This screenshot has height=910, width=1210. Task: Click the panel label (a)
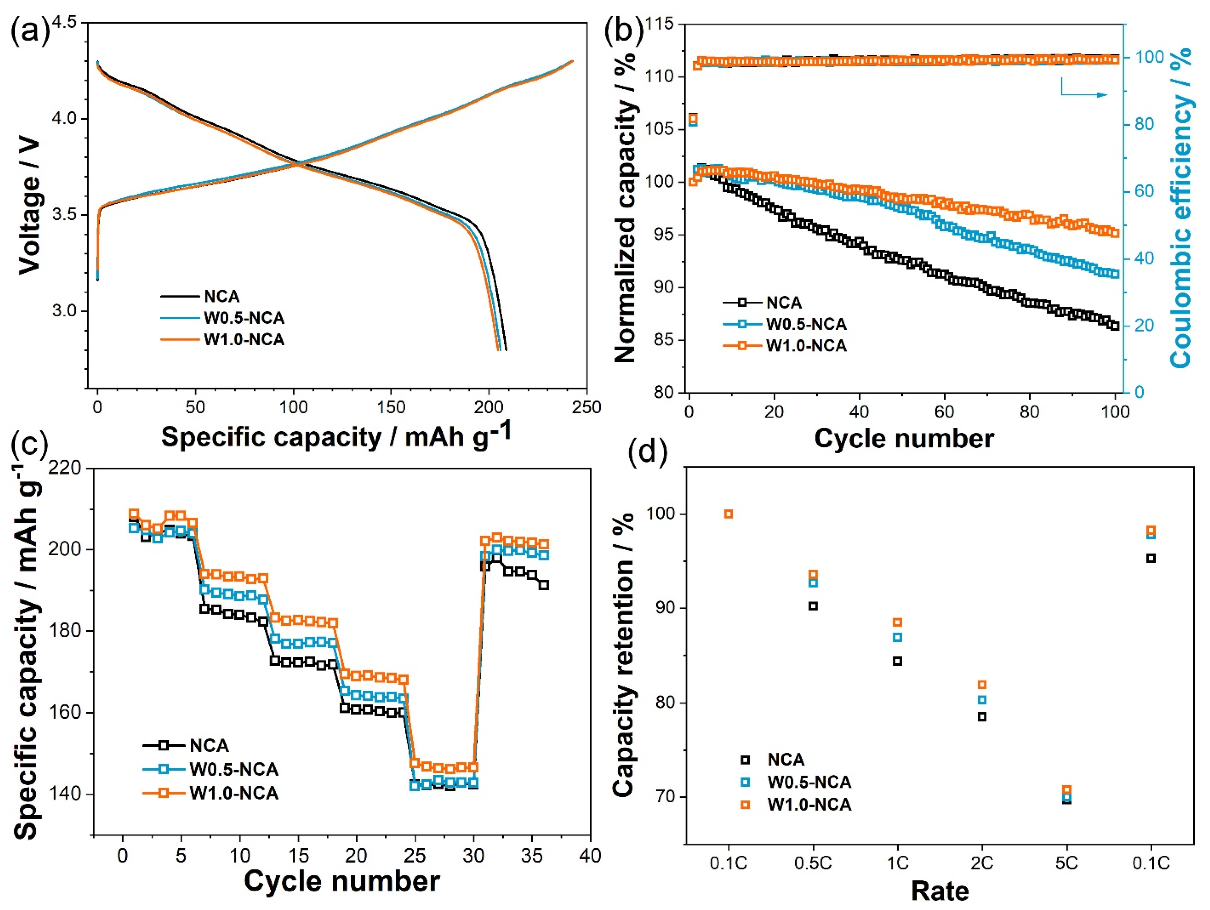coord(30,30)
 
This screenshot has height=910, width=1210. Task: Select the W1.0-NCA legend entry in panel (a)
coord(243,340)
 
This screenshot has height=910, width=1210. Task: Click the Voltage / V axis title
coord(30,205)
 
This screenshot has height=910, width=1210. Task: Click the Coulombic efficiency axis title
coord(1182,208)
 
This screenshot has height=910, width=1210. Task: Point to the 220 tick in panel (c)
coord(65,468)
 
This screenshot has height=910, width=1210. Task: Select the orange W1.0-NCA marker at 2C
coord(982,684)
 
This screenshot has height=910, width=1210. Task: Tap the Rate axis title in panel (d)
coord(940,891)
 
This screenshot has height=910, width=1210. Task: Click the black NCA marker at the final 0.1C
coord(1151,558)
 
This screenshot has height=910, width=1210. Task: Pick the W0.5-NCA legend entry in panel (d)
coord(808,782)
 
